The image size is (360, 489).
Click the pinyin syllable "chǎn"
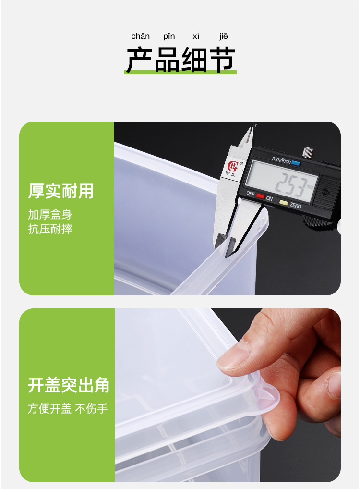[141, 37]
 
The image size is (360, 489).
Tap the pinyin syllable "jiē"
[224, 37]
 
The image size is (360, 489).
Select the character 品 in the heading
[167, 60]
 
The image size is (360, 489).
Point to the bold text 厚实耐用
[61, 191]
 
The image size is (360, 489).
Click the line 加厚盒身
[50, 215]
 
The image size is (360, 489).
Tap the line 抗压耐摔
[50, 229]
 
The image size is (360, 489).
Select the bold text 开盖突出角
[69, 386]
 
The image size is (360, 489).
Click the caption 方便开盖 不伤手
[68, 409]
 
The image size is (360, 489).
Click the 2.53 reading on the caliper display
[288, 185]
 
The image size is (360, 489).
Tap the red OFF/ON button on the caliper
[260, 196]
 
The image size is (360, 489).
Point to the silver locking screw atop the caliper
[308, 152]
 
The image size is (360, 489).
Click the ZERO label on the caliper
[296, 206]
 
